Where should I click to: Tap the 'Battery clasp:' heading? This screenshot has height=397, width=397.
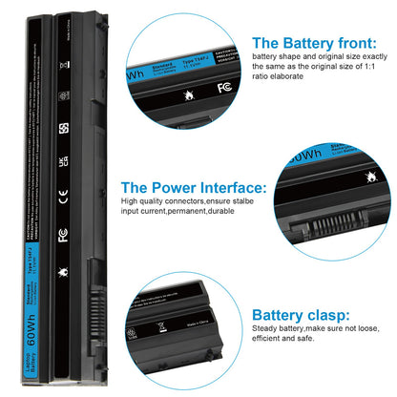[299, 314]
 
